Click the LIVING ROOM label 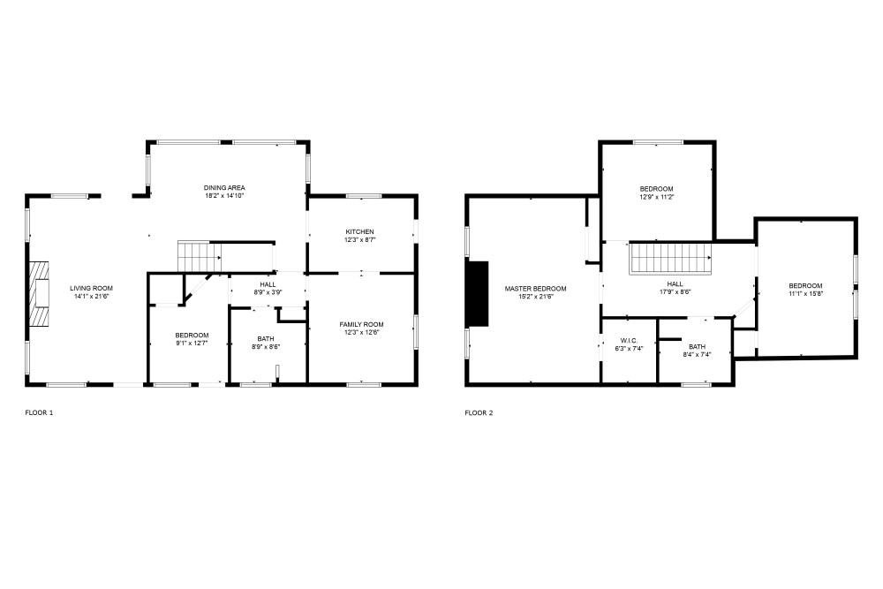tap(91, 288)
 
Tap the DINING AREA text tap(224, 188)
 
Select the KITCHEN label tap(359, 232)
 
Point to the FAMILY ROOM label tap(361, 324)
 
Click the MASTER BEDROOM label tap(536, 289)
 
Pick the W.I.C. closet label tap(629, 341)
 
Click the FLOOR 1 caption tap(39, 412)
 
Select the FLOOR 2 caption tap(479, 412)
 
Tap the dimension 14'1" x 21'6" tap(91, 296)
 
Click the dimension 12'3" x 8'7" tap(359, 240)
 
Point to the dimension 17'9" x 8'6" tap(675, 291)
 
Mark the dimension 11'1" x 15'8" tap(806, 293)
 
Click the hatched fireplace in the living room tap(40, 292)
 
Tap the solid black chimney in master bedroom tap(478, 293)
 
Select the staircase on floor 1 tap(200, 256)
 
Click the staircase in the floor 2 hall tap(671, 259)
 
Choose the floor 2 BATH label tap(697, 347)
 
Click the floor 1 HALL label tap(268, 284)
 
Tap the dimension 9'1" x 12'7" tap(192, 343)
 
